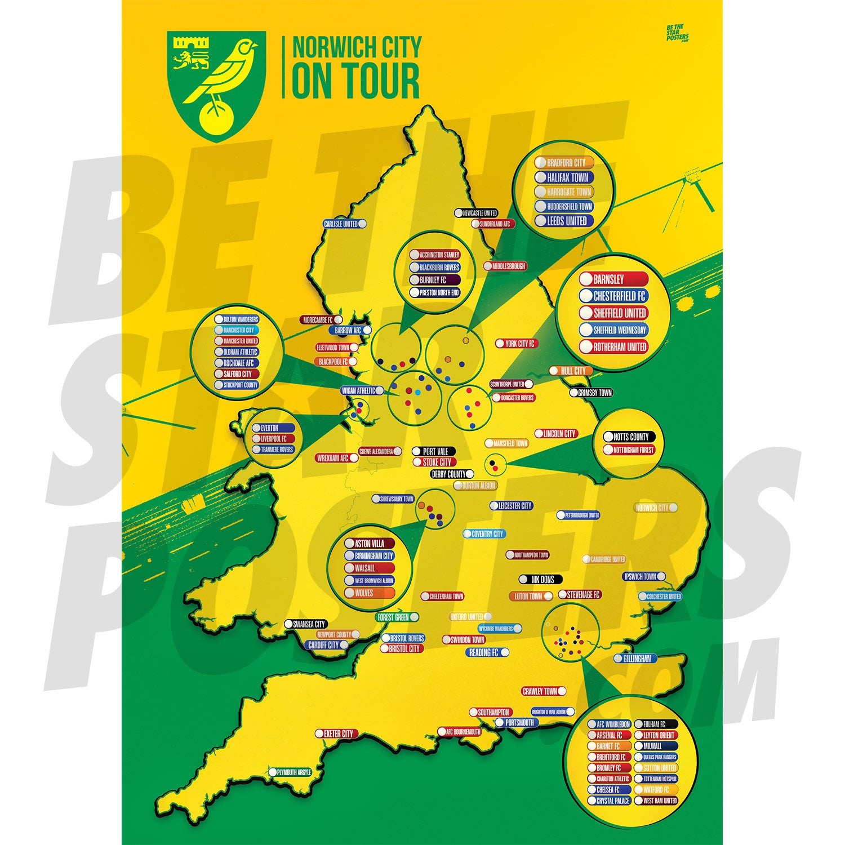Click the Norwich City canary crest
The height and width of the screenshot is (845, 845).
pyautogui.click(x=216, y=84)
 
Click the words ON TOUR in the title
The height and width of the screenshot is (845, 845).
pyautogui.click(x=356, y=81)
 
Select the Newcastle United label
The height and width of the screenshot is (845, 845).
pyautogui.click(x=477, y=214)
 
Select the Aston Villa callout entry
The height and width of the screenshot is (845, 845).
pyautogui.click(x=370, y=544)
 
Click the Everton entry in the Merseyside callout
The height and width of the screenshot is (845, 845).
pyautogui.click(x=273, y=428)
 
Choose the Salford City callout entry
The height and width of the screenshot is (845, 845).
pyautogui.click(x=237, y=373)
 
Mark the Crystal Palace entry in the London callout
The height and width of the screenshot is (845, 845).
pyautogui.click(x=609, y=800)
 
